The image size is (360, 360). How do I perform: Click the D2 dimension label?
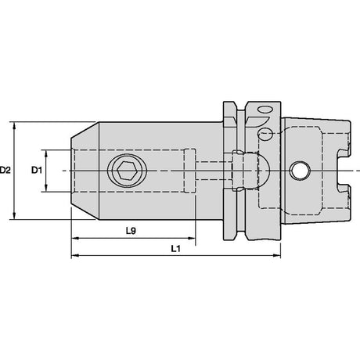(x=5, y=171)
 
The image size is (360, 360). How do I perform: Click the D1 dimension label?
(x=37, y=171)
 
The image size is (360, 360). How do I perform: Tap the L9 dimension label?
(x=131, y=231)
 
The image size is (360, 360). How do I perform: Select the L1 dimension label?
(x=176, y=249)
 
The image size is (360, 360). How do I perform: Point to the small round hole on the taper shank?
(x=301, y=171)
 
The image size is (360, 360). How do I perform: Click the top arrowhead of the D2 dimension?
(x=14, y=126)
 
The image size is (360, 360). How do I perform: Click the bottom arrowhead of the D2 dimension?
(x=14, y=215)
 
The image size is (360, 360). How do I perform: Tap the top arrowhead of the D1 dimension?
(x=46, y=154)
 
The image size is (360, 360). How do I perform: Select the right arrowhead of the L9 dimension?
(x=191, y=238)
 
